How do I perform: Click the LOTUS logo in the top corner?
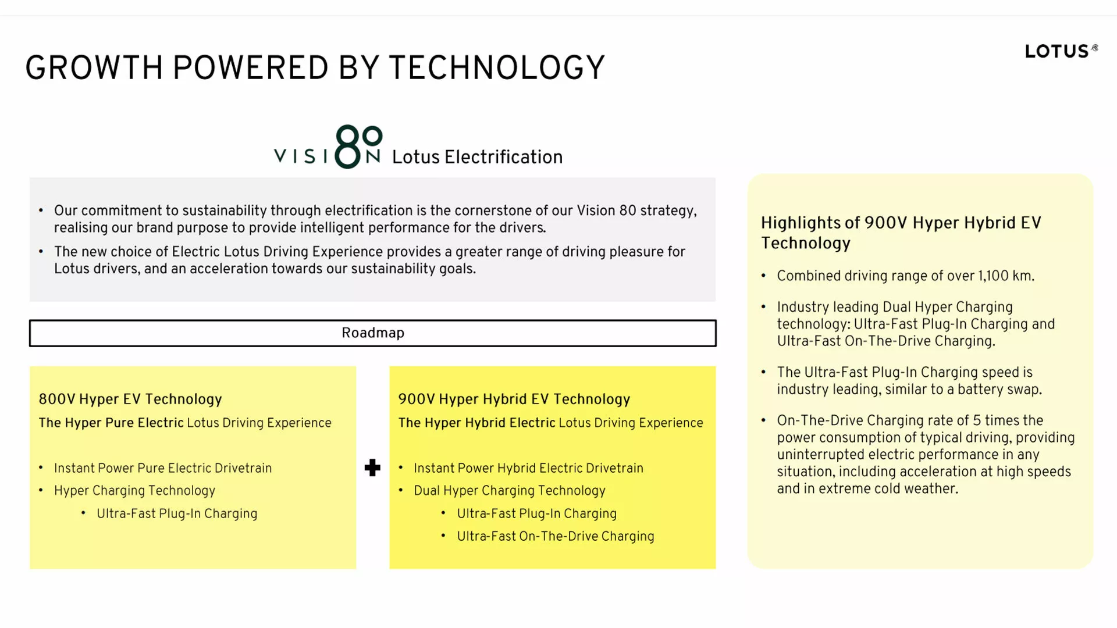tap(1061, 51)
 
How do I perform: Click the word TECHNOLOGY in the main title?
tap(497, 68)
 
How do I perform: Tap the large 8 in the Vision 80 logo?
tap(348, 147)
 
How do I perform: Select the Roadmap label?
tap(373, 333)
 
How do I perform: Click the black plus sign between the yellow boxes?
tap(372, 468)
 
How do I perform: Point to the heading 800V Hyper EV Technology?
tap(130, 399)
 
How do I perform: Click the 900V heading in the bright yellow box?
tap(514, 399)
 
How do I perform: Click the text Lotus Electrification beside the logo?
tap(477, 157)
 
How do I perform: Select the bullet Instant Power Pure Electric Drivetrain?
tap(163, 468)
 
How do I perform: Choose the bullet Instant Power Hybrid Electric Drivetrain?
tap(528, 468)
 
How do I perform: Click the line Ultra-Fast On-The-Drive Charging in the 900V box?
tap(556, 536)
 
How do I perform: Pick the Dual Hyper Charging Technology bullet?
tap(510, 491)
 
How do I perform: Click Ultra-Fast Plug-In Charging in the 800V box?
tap(177, 513)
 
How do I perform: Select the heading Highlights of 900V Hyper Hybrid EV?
tap(901, 223)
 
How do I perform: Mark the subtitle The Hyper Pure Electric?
tap(111, 423)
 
